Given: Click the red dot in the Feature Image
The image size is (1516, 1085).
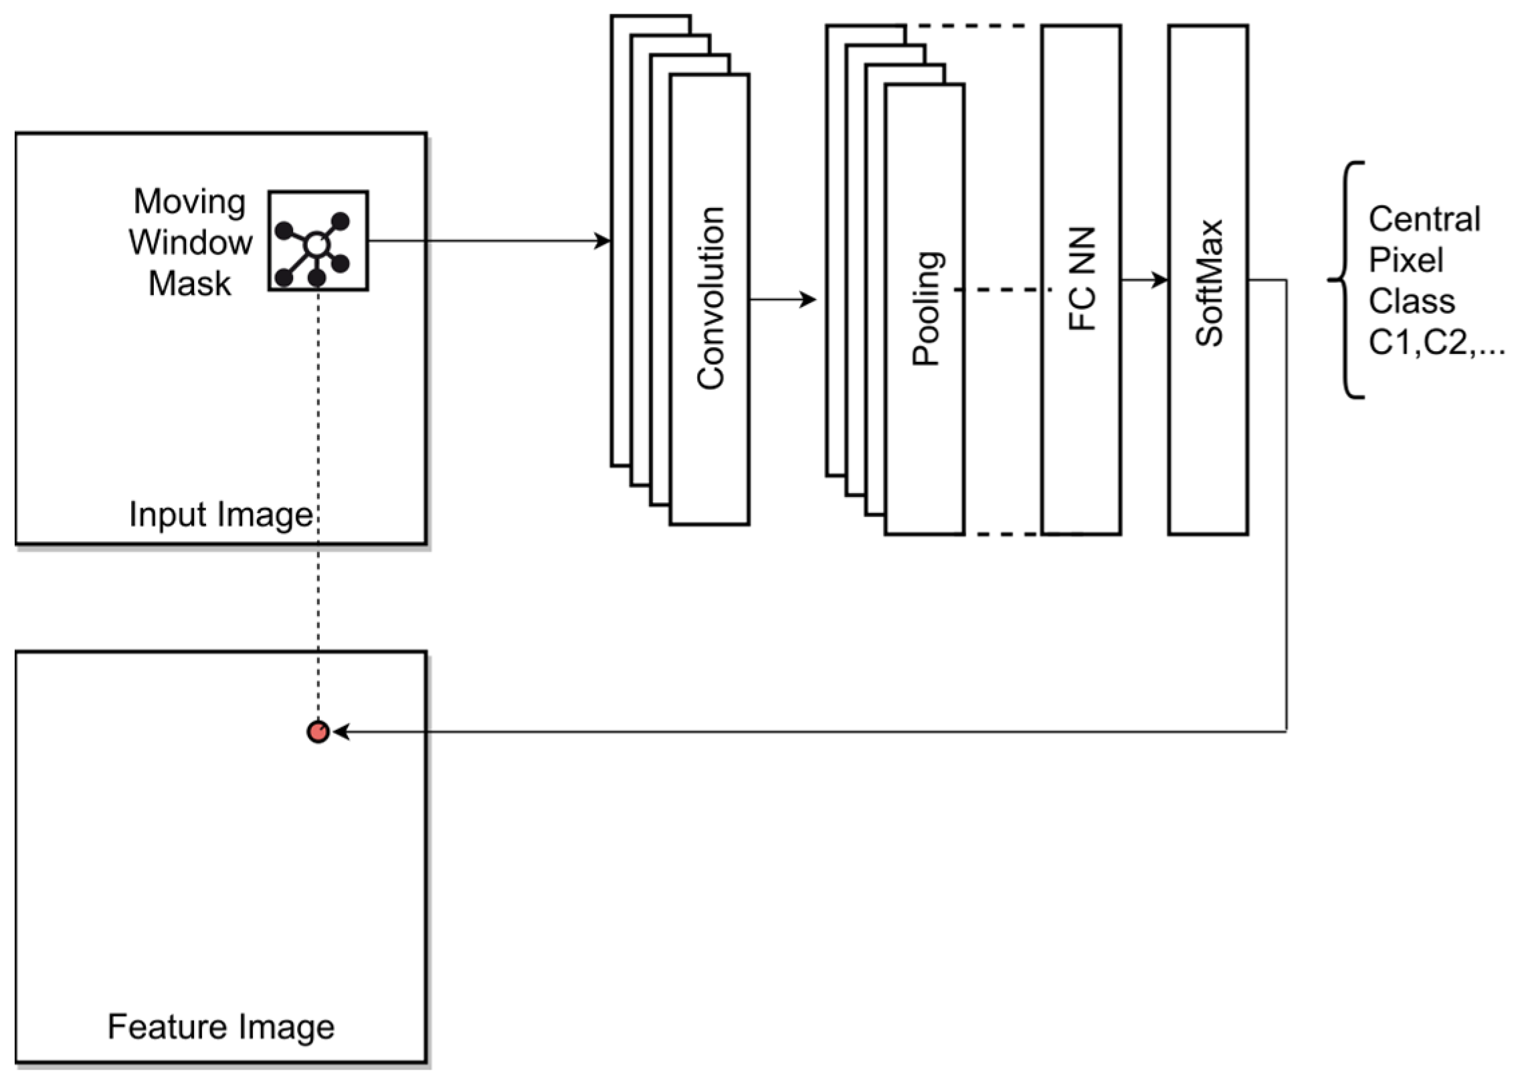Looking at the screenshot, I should pyautogui.click(x=318, y=732).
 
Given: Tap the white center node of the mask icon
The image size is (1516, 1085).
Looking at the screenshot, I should pyautogui.click(x=316, y=245).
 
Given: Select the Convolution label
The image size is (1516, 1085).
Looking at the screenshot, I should pyautogui.click(x=710, y=298).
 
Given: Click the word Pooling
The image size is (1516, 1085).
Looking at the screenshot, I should pyautogui.click(x=927, y=308).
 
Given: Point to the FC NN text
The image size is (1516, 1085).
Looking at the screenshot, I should pyautogui.click(x=1082, y=280).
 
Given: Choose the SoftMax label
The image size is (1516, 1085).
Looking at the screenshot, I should pyautogui.click(x=1209, y=282).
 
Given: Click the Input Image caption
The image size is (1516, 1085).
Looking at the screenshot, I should pyautogui.click(x=221, y=515).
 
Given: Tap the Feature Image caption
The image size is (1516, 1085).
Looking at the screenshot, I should pyautogui.click(x=221, y=1027).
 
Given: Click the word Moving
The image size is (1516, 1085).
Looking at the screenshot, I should pyautogui.click(x=189, y=201).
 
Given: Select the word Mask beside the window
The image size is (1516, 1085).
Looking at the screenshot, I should pyautogui.click(x=189, y=284).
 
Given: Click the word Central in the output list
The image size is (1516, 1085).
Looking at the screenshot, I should pyautogui.click(x=1424, y=219).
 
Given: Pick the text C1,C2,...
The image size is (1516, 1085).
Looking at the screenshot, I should pyautogui.click(x=1436, y=343).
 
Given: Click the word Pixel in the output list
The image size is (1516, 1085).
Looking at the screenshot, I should pyautogui.click(x=1406, y=260).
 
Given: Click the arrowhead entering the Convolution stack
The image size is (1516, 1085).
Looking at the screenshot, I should pyautogui.click(x=603, y=241).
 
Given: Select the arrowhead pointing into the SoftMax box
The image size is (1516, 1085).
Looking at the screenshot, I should pyautogui.click(x=1161, y=280).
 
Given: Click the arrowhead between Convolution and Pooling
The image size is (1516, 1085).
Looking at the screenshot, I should pyautogui.click(x=809, y=299).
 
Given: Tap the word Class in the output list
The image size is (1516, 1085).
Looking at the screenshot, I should pyautogui.click(x=1412, y=302).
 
